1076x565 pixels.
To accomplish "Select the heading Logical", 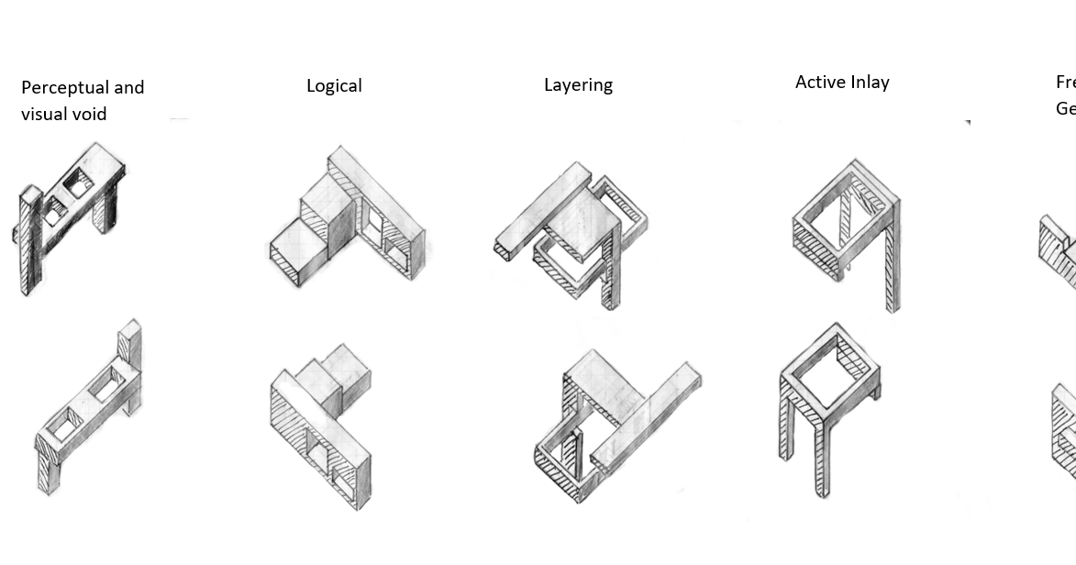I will click(x=334, y=86).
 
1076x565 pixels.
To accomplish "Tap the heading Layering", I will click(x=578, y=85).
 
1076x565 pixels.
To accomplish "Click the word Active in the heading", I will click(x=819, y=83).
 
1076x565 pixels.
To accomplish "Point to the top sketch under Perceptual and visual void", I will click(x=71, y=216).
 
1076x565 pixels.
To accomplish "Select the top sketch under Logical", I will click(x=347, y=217).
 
